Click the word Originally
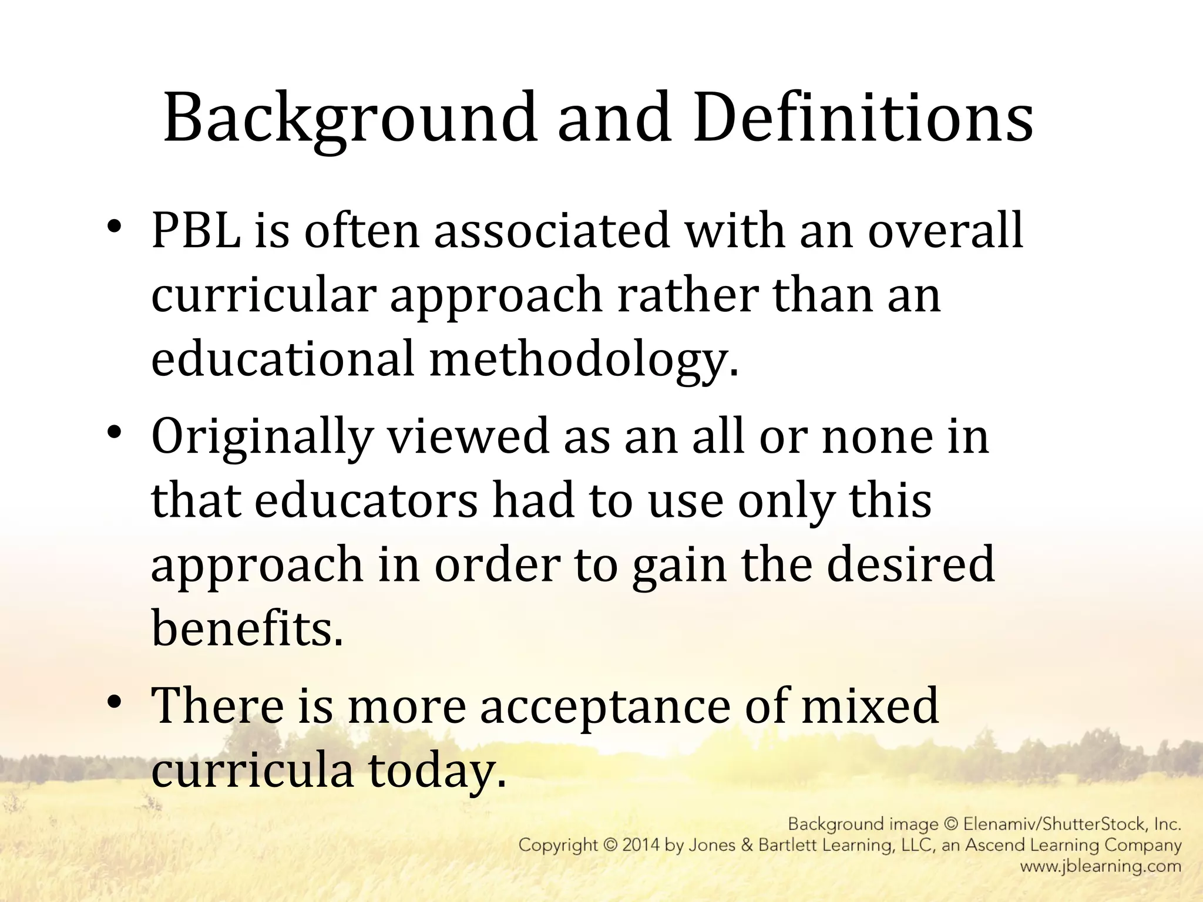click(x=262, y=437)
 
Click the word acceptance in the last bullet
click(x=604, y=706)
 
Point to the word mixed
click(x=870, y=706)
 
